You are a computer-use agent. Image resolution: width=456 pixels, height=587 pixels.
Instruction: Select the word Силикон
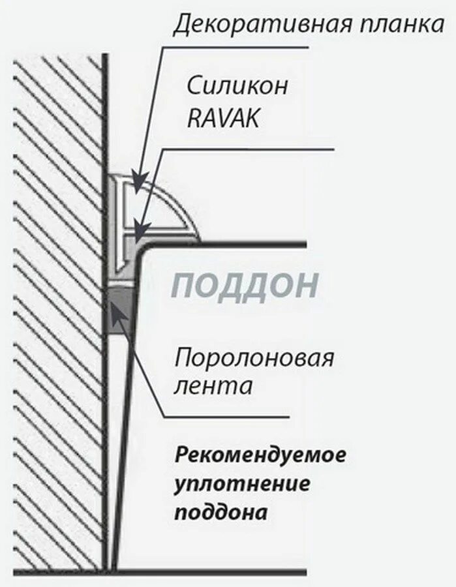(237, 85)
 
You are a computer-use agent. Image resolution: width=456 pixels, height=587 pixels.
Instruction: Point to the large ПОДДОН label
(246, 286)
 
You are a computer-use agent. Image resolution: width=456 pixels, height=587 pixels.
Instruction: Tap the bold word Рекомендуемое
(260, 455)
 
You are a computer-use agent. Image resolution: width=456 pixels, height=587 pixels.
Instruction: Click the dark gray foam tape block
(119, 310)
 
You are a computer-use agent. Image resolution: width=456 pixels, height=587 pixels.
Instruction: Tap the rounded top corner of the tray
(145, 251)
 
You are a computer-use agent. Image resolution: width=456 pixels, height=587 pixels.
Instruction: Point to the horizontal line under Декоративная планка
(235, 48)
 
